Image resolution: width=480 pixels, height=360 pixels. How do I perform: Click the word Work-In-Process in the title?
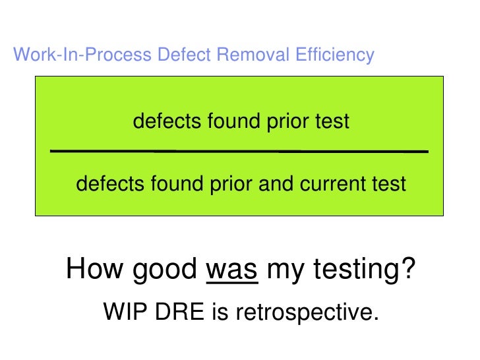tap(83, 55)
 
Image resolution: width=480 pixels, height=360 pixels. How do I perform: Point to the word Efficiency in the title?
tap(335, 55)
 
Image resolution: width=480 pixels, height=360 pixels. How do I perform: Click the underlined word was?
tap(232, 270)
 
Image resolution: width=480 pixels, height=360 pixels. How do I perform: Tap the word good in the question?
tap(167, 271)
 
